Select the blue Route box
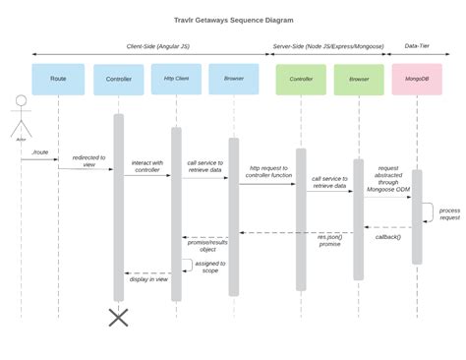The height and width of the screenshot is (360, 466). pyautogui.click(x=58, y=79)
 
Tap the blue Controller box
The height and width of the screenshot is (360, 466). pyautogui.click(x=118, y=80)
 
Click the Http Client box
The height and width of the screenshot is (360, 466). pyautogui.click(x=176, y=79)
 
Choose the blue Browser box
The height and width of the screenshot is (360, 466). pyautogui.click(x=234, y=79)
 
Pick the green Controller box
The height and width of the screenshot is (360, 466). pyautogui.click(x=301, y=80)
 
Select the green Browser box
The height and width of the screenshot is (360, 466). pyautogui.click(x=358, y=80)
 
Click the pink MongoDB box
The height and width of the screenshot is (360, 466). pyautogui.click(x=416, y=80)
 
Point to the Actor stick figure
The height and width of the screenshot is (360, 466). pyautogui.click(x=21, y=115)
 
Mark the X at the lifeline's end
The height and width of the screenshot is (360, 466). pyautogui.click(x=119, y=317)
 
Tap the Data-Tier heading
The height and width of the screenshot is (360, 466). pyautogui.click(x=422, y=45)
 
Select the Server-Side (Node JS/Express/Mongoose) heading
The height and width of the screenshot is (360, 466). pyautogui.click(x=327, y=45)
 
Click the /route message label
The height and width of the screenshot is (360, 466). pyautogui.click(x=40, y=152)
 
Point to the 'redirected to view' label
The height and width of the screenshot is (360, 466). pyautogui.click(x=89, y=160)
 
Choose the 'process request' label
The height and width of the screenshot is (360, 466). pyautogui.click(x=448, y=213)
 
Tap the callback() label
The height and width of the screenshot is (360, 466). pyautogui.click(x=388, y=236)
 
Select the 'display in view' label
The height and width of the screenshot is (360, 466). pyautogui.click(x=148, y=279)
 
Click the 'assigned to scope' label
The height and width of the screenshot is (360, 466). pyautogui.click(x=210, y=267)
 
